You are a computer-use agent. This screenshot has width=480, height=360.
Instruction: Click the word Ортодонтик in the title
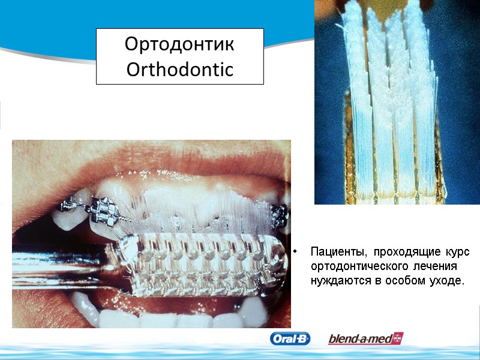tap(179, 44)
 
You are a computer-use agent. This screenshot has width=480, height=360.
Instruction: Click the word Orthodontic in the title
tap(179, 70)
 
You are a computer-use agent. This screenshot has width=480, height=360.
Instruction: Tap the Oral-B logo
tap(290, 339)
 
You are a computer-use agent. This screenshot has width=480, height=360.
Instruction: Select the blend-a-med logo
tap(365, 339)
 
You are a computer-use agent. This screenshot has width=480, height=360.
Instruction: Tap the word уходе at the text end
tap(448, 280)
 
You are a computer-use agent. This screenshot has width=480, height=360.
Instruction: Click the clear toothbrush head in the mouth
tap(198, 264)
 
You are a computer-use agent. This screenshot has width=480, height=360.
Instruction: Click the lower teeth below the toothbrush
tap(168, 316)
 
